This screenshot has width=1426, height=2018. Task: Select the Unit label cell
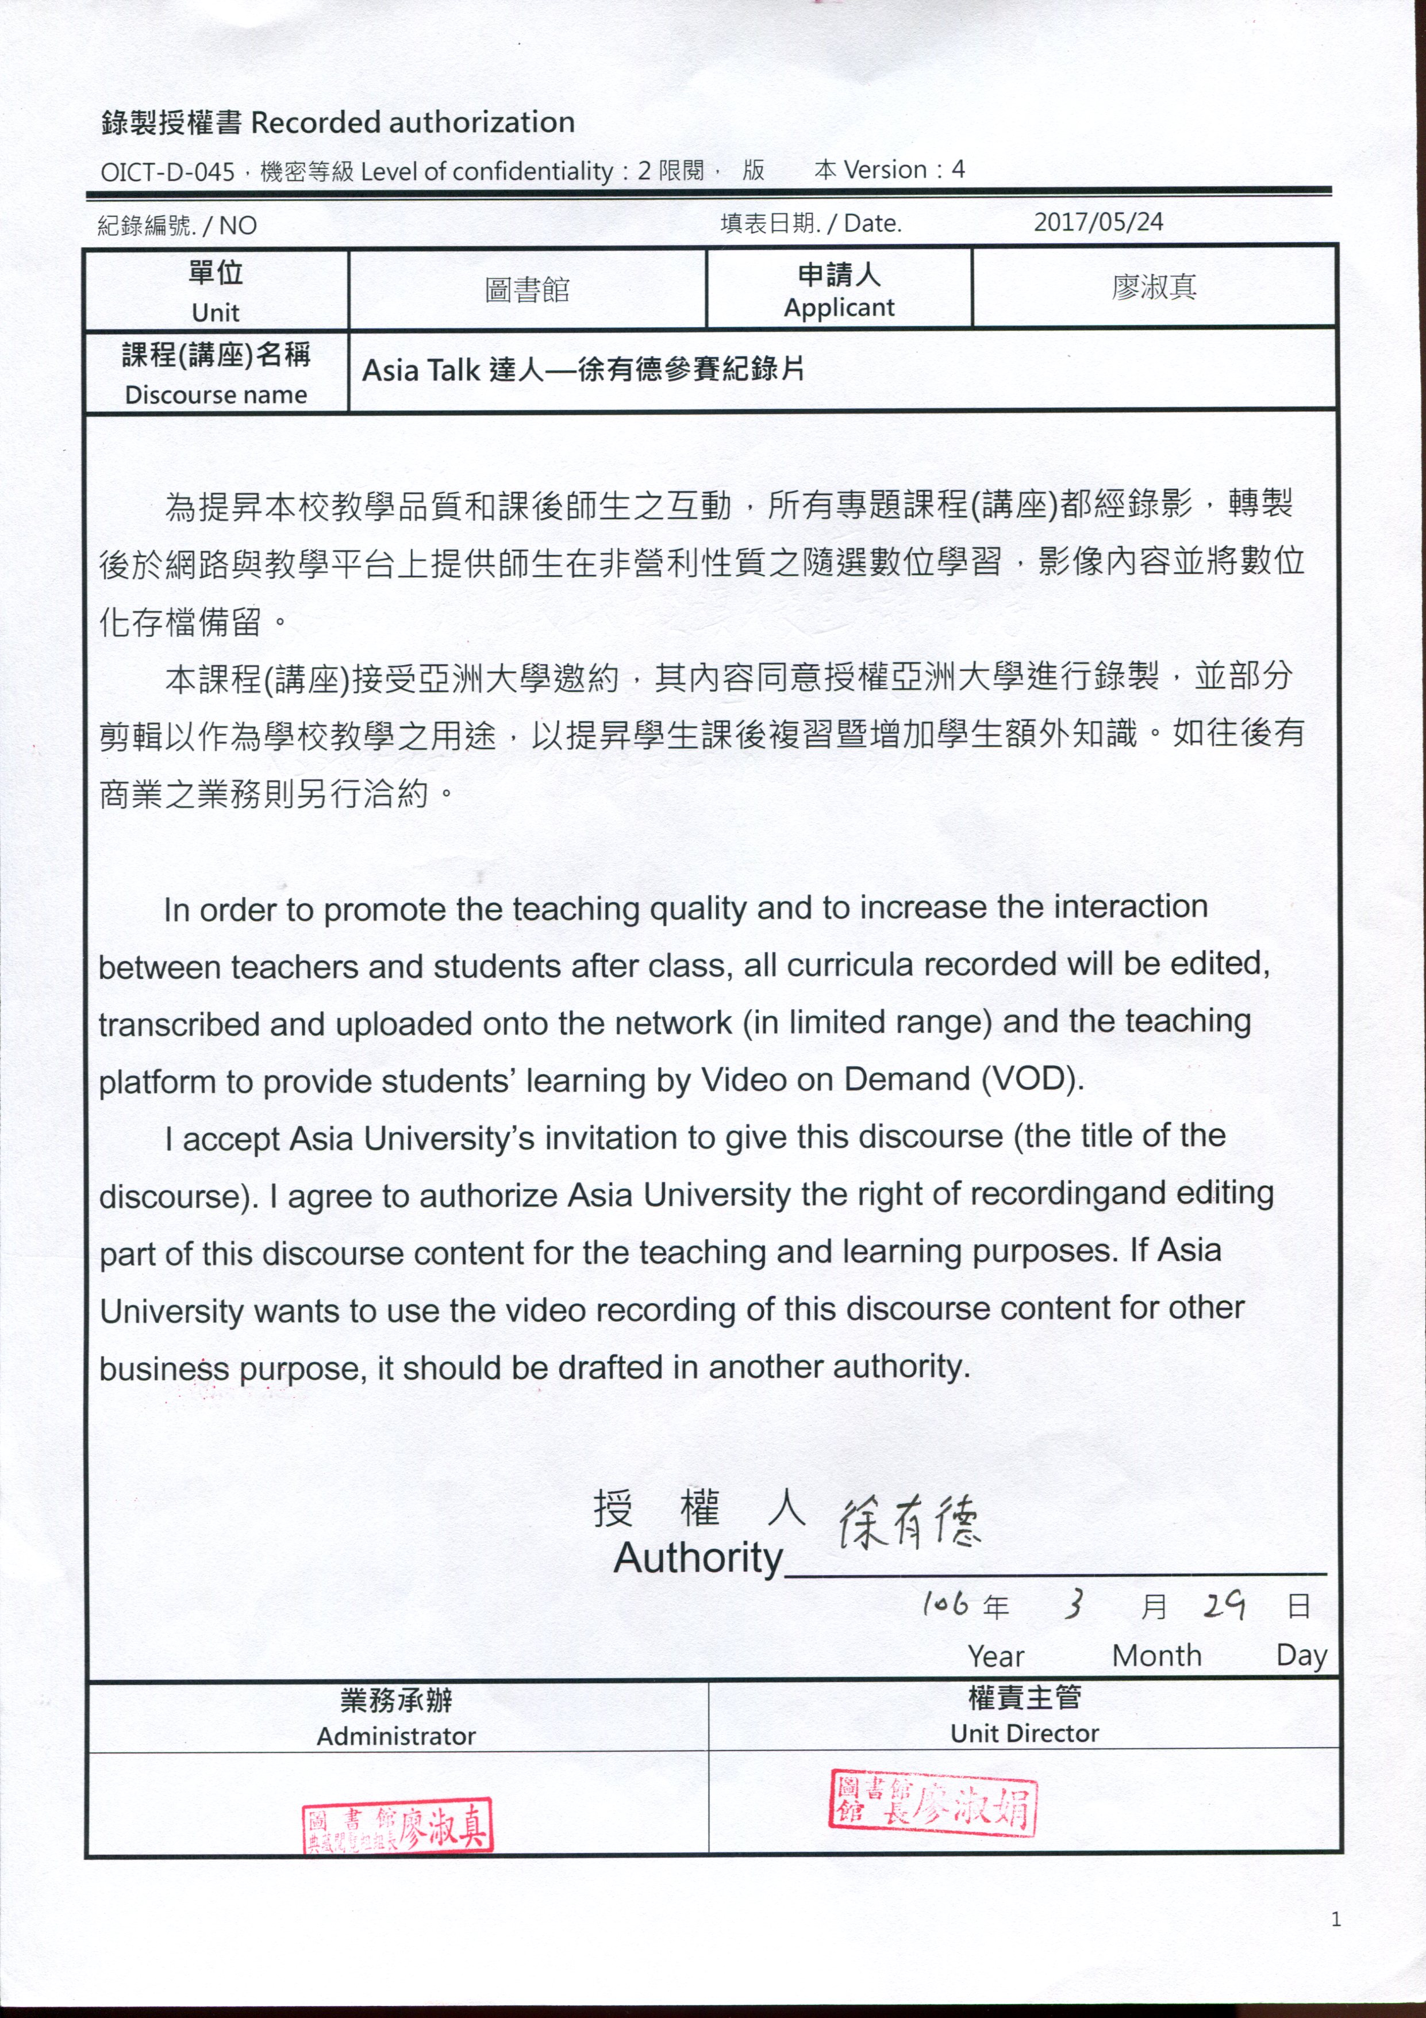216,290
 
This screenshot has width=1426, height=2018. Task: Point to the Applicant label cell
839,289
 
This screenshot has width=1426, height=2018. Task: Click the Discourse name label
216,395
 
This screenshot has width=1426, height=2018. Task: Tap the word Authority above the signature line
698,1559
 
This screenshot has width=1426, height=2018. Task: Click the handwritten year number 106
945,1605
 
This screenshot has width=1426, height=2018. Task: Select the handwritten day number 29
1223,1606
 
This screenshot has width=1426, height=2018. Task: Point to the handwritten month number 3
1073,1605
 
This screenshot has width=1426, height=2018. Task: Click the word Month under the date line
1156,1656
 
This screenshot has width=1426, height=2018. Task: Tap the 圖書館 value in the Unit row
527,289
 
